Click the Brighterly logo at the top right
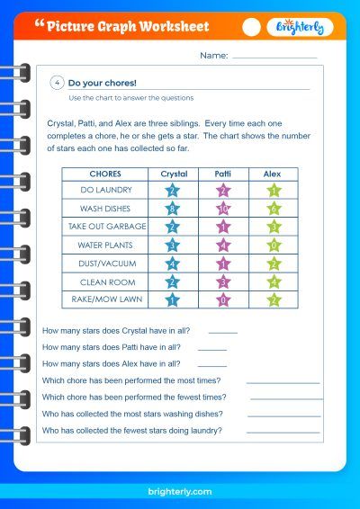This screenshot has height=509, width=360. [300, 27]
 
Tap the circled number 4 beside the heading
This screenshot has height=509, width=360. [58, 83]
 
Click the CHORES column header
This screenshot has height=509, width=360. [105, 173]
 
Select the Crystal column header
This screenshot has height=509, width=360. [174, 173]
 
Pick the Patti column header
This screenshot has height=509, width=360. [222, 173]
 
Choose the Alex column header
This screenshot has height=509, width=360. [272, 173]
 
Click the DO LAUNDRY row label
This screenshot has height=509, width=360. [105, 191]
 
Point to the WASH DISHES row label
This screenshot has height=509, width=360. [105, 209]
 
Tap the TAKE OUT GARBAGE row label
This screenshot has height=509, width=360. [105, 227]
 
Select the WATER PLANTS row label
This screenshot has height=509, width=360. [105, 245]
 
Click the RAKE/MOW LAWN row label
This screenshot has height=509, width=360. [105, 299]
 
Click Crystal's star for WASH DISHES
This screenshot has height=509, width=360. [174, 209]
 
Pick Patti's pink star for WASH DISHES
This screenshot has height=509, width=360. [223, 209]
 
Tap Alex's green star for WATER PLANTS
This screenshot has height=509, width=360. [273, 245]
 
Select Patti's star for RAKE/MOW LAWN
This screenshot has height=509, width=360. [223, 299]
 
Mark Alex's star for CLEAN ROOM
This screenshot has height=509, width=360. [273, 281]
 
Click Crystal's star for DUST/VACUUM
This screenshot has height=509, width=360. [174, 263]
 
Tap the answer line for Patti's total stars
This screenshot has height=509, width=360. [212, 349]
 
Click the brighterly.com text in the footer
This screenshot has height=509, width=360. [180, 492]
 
